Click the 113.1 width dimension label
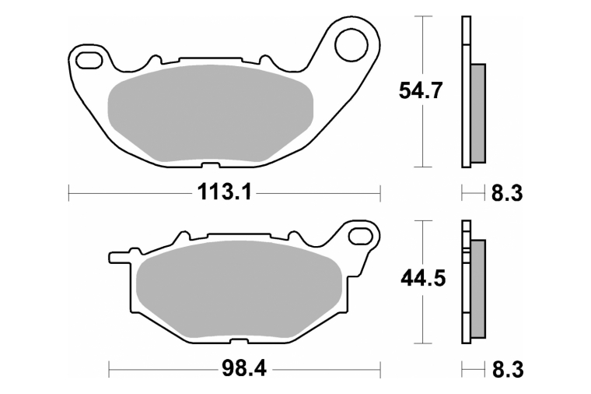coord(224,193)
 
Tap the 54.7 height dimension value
coord(420,90)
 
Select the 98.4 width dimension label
coord(244,368)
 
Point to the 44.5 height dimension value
coord(423,279)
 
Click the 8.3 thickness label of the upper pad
coord(506,194)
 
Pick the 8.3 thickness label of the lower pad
coord(507,369)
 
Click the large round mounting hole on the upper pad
coord(351,45)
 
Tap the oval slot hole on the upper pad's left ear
coord(89,60)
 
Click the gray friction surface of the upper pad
coord(210,113)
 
